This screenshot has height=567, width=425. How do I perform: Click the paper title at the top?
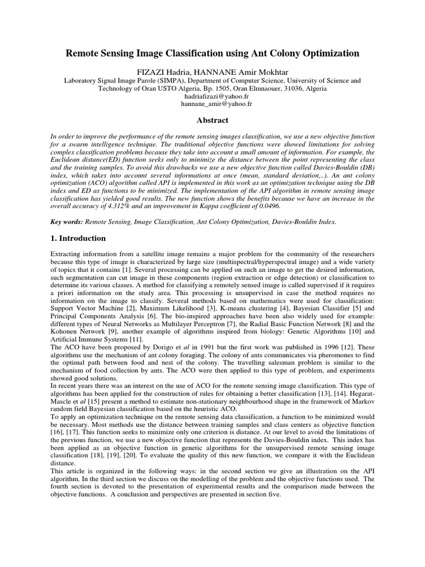coord(212,53)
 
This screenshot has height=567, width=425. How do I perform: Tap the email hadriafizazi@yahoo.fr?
coord(212,96)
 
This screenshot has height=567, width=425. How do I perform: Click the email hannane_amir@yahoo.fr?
coord(212,104)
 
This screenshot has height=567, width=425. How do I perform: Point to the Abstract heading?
coord(212,120)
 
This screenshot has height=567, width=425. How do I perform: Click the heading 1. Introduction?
coord(77,238)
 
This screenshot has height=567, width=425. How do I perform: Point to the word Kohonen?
coord(63,332)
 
